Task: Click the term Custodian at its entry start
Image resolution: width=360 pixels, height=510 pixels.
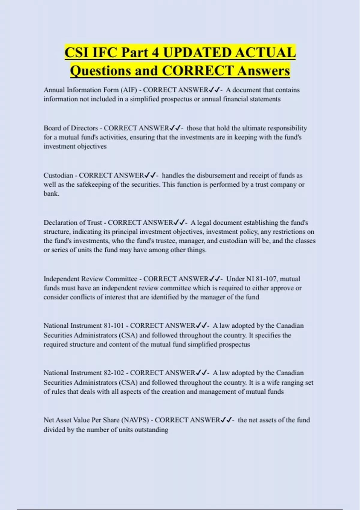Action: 58,175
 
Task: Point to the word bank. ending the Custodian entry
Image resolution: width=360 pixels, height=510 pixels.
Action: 51,193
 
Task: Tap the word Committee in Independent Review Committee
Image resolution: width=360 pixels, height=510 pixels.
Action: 121,279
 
